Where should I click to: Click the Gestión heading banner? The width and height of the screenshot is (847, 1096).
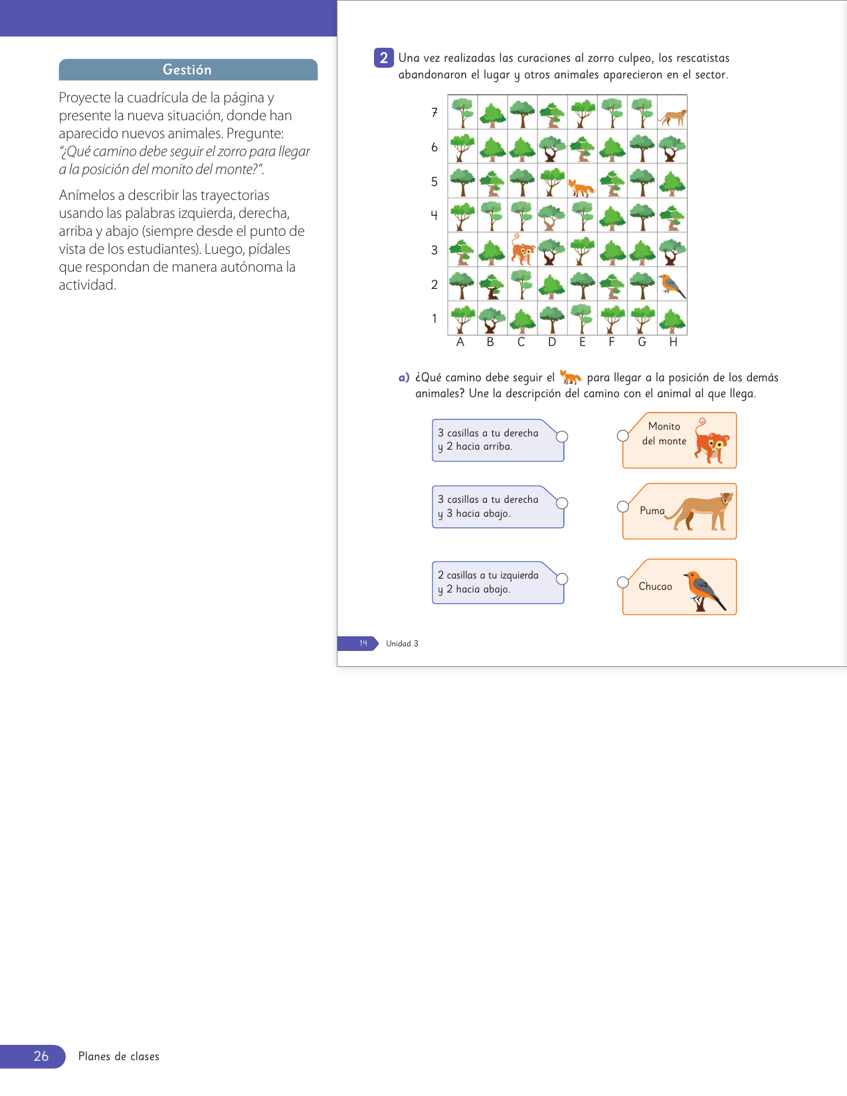188,70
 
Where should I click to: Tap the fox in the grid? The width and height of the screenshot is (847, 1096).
581,188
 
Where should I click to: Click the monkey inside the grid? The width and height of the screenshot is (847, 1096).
523,249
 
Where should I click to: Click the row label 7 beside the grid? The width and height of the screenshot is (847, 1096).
434,112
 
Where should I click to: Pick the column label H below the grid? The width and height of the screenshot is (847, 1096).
673,342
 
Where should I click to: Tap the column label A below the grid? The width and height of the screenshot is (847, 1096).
460,342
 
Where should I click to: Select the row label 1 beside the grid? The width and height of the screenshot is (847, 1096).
434,319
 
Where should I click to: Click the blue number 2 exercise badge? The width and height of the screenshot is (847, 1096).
383,58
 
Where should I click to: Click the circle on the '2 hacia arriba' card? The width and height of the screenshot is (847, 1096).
562,436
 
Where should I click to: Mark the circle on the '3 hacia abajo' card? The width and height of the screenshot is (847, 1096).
562,503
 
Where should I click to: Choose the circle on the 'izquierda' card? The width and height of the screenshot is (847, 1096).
562,579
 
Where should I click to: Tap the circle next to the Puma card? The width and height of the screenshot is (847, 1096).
622,507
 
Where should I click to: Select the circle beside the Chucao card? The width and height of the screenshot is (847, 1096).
622,583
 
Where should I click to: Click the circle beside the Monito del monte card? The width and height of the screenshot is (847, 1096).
622,436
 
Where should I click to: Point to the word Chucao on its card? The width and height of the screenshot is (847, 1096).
655,587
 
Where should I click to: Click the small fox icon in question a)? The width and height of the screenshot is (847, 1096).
570,377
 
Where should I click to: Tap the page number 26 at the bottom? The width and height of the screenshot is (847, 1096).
41,1056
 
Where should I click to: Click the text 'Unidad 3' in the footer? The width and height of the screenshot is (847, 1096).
402,644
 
